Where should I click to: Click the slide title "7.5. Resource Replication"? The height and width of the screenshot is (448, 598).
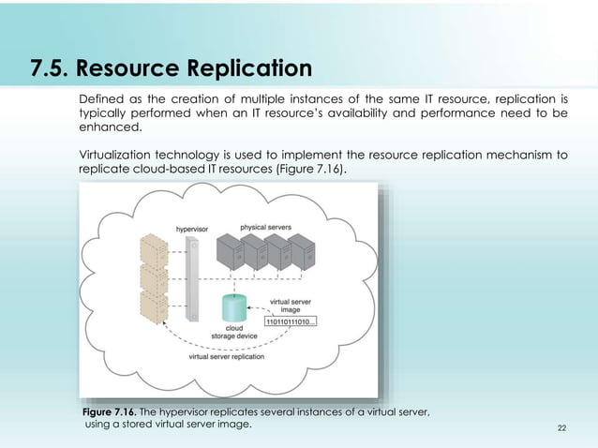pos(171,69)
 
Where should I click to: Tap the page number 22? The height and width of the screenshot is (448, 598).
pos(561,427)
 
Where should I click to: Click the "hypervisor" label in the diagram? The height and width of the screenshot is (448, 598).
pos(192,229)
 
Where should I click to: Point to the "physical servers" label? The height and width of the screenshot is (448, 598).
pos(266,227)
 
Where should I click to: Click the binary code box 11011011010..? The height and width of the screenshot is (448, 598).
pos(292,321)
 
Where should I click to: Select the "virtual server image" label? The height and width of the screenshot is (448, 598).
pos(291,306)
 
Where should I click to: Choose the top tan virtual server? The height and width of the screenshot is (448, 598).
pos(153,248)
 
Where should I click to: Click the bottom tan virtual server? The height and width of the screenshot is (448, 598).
pos(153,307)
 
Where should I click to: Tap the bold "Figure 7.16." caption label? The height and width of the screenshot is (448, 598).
pos(110,411)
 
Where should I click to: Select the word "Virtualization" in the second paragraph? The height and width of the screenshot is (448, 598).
pos(115,155)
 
